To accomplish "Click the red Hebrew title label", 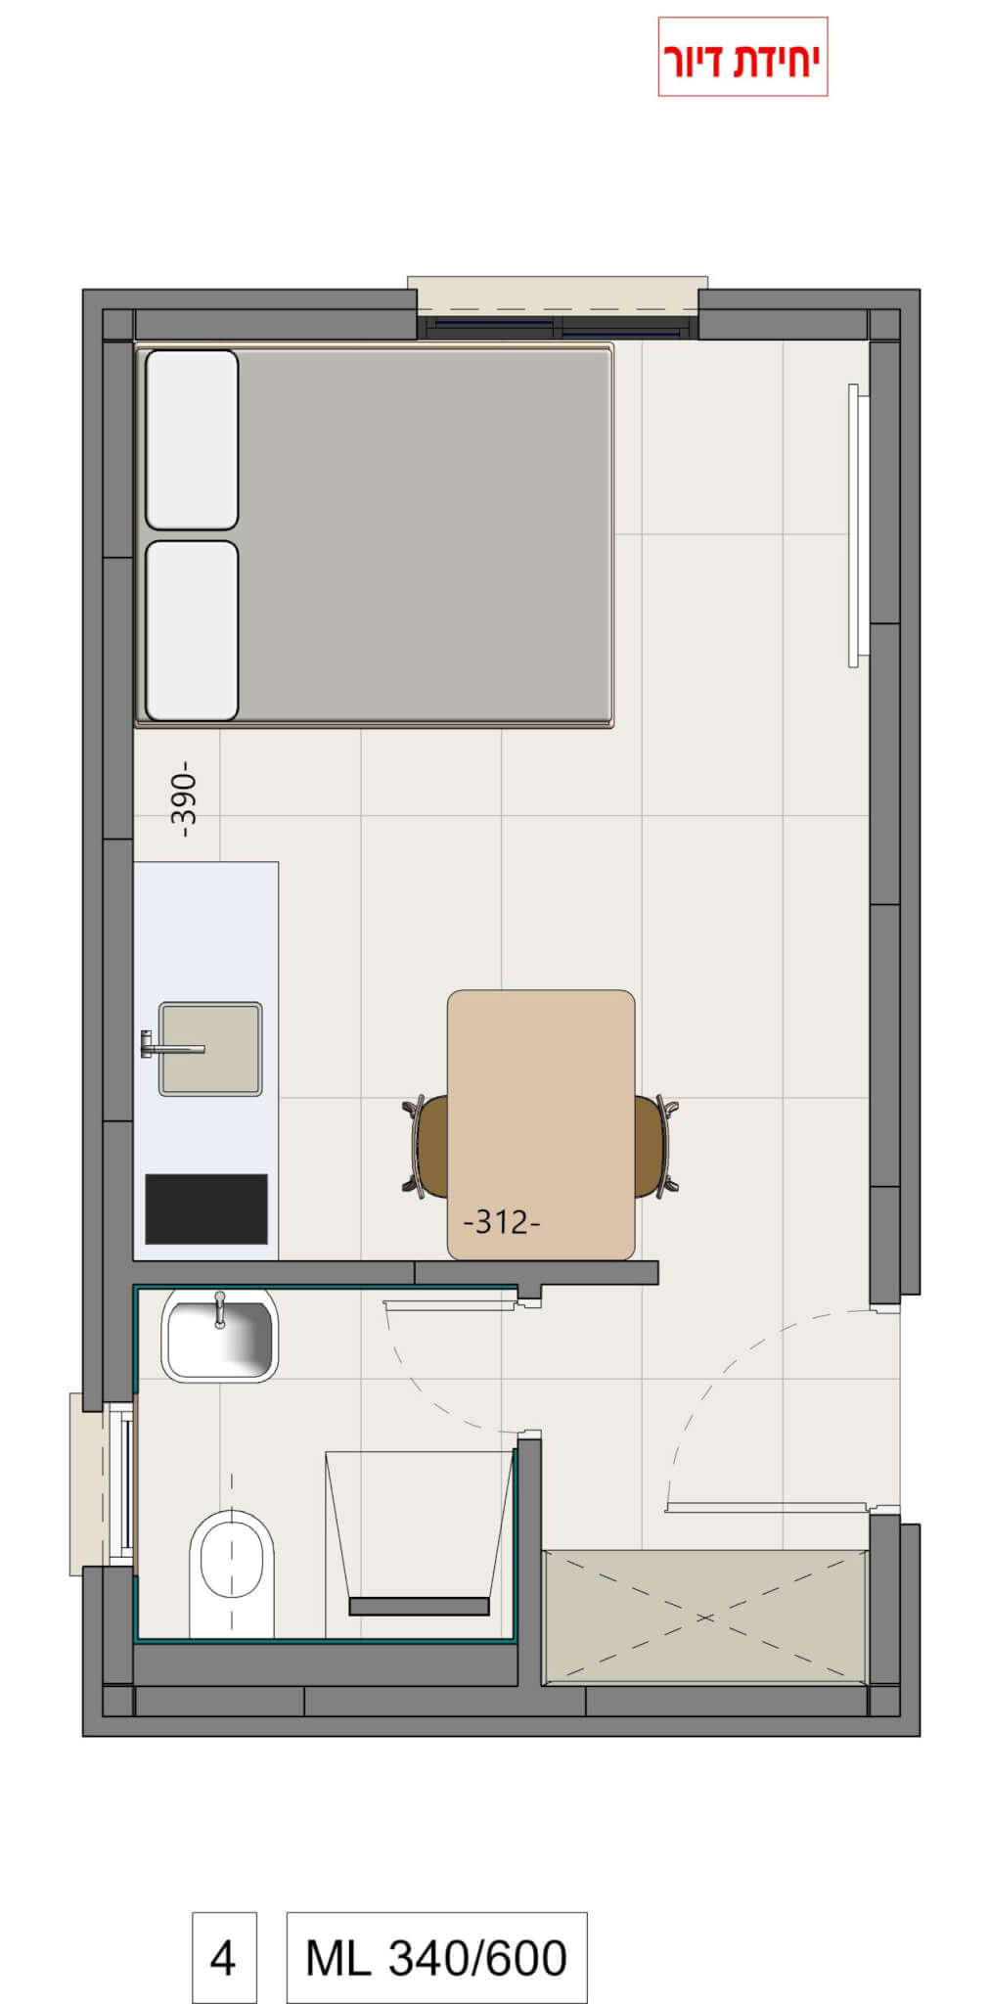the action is tap(742, 58).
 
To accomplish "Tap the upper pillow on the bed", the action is tap(192, 439).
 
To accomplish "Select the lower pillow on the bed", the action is tap(192, 630).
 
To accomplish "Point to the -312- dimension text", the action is tap(501, 1222).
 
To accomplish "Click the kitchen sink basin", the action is tap(210, 1048).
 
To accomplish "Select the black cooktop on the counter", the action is tap(206, 1208).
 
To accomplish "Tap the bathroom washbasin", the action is tap(219, 1335).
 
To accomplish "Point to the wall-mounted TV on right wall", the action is tap(855, 525).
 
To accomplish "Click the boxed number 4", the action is tap(224, 1956).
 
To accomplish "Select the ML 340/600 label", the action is tap(436, 1956).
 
